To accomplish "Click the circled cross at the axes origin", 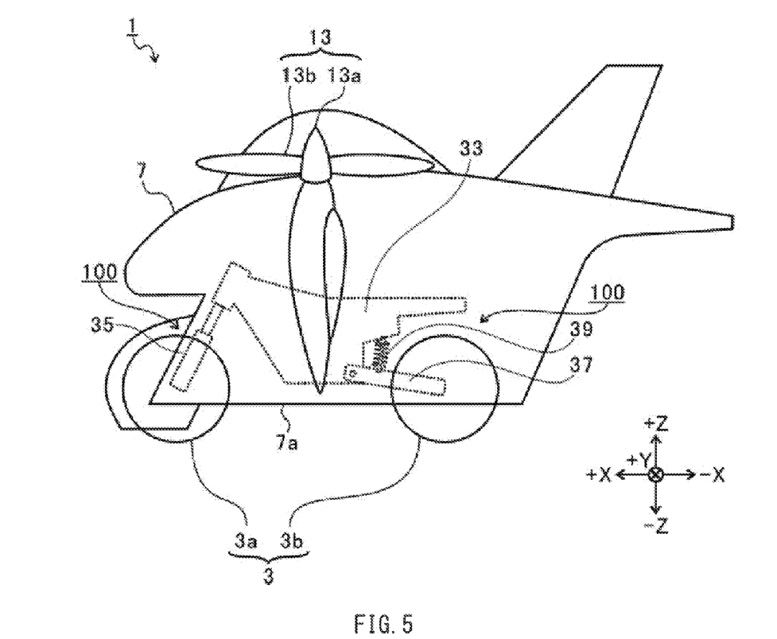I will [655, 475].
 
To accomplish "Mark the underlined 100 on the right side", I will [607, 293].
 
